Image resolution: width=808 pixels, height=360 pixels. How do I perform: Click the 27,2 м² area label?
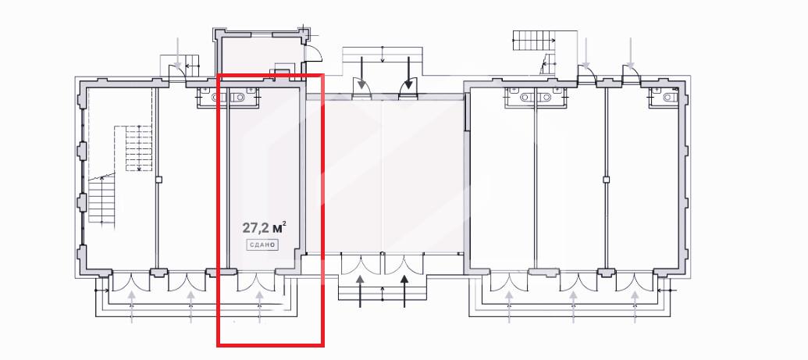tap(264, 227)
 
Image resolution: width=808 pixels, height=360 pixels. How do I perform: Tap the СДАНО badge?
tap(262, 245)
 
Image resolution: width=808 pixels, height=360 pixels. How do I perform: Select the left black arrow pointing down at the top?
tap(361, 72)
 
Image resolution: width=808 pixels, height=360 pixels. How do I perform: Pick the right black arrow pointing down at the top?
tap(408, 72)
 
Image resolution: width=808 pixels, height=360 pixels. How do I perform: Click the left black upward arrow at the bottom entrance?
tap(360, 291)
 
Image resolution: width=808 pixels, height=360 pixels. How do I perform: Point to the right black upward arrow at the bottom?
tap(404, 291)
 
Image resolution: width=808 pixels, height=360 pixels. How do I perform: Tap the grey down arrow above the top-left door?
tap(178, 52)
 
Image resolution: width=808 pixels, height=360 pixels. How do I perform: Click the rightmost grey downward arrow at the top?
tap(631, 52)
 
